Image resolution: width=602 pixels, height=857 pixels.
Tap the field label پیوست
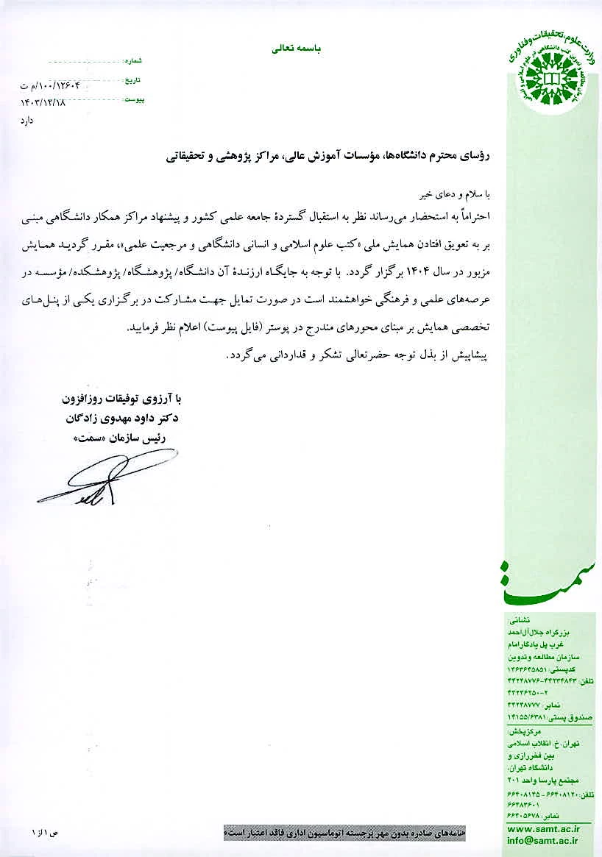coord(134,99)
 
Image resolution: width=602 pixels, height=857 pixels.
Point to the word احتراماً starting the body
coord(472,218)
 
